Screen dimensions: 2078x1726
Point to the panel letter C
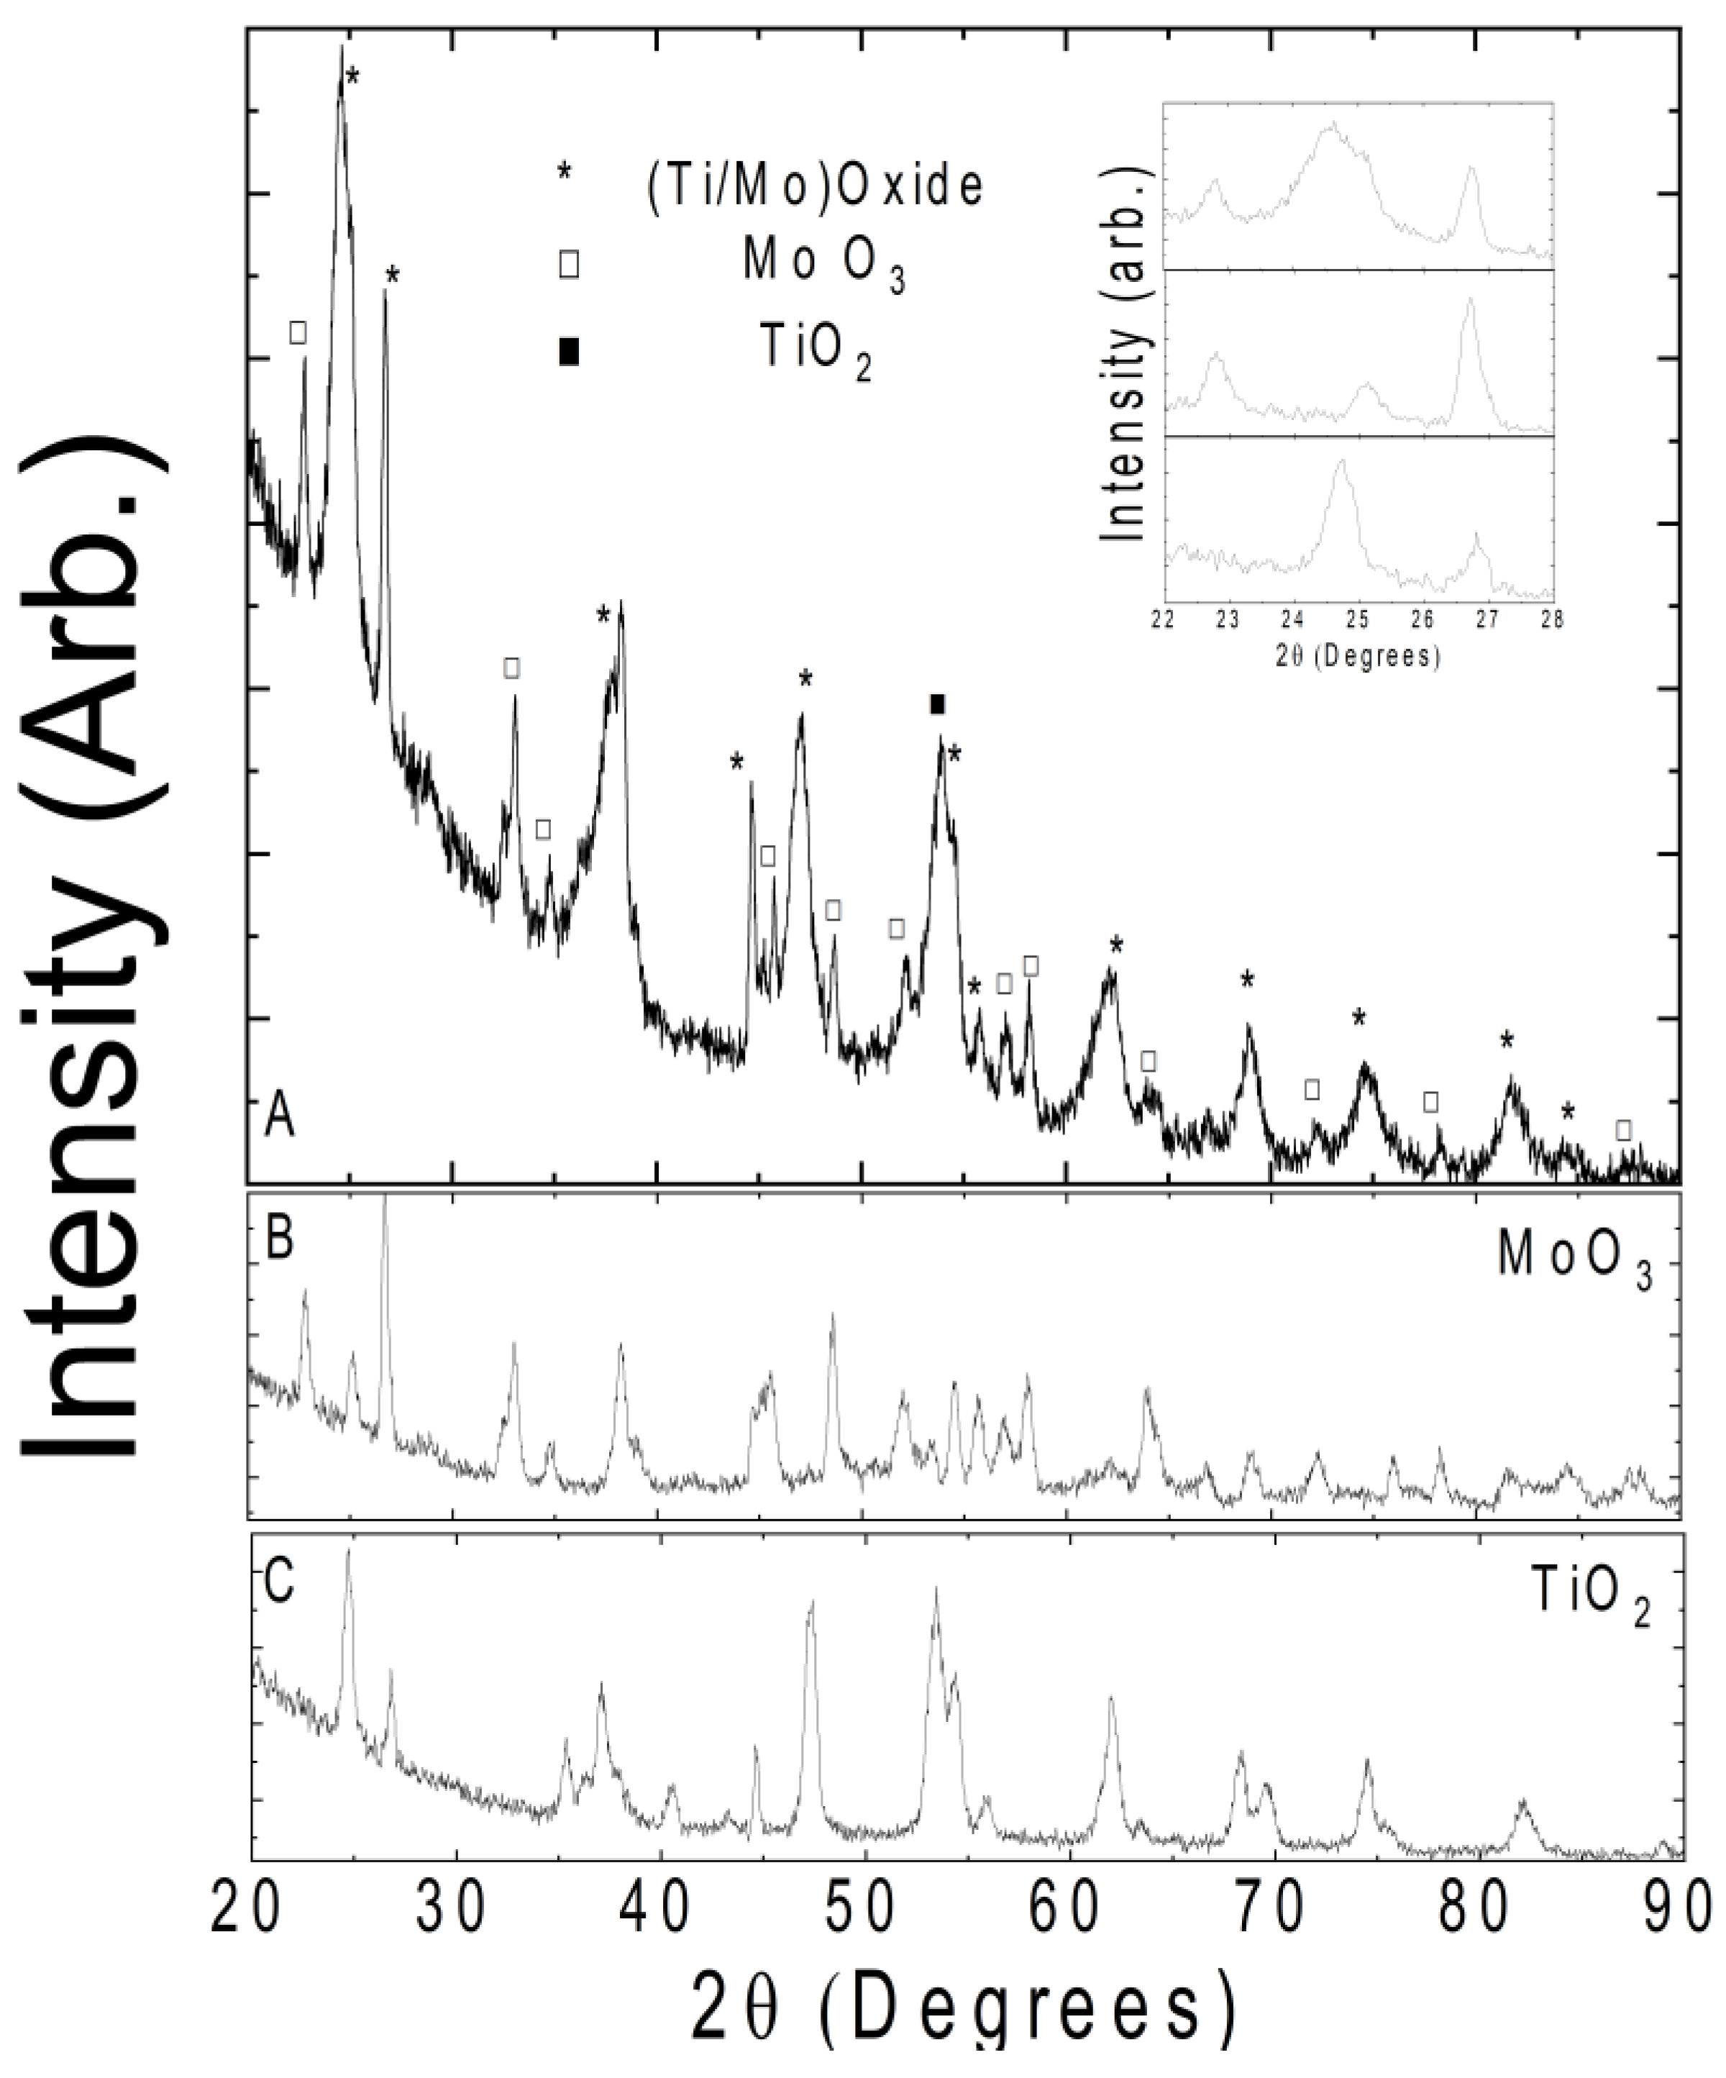pos(280,1580)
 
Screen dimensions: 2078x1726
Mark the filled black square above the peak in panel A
pos(938,703)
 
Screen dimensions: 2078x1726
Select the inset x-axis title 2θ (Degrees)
pos(1357,655)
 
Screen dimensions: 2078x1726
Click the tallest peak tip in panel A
pos(341,47)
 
